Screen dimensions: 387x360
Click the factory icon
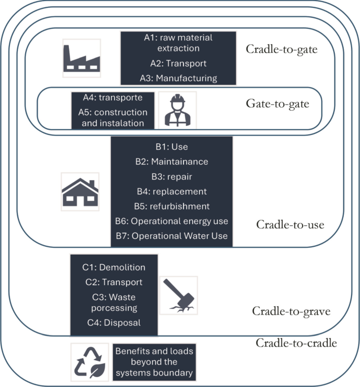point(81,58)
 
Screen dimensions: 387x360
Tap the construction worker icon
point(177,110)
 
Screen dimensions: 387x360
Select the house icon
point(80,192)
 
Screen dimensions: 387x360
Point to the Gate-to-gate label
point(277,103)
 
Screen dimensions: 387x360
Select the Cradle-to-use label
point(290,225)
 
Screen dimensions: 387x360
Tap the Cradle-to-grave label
point(291,311)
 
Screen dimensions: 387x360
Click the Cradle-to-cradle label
point(296,343)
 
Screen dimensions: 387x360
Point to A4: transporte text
point(112,98)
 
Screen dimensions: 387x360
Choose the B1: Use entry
point(171,147)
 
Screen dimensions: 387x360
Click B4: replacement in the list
point(171,191)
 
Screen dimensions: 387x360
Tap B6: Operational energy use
point(171,221)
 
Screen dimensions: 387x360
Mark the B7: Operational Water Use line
point(171,236)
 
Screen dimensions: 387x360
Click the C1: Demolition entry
point(114,267)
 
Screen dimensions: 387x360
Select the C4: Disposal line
point(114,322)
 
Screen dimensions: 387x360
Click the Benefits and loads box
point(154,362)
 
